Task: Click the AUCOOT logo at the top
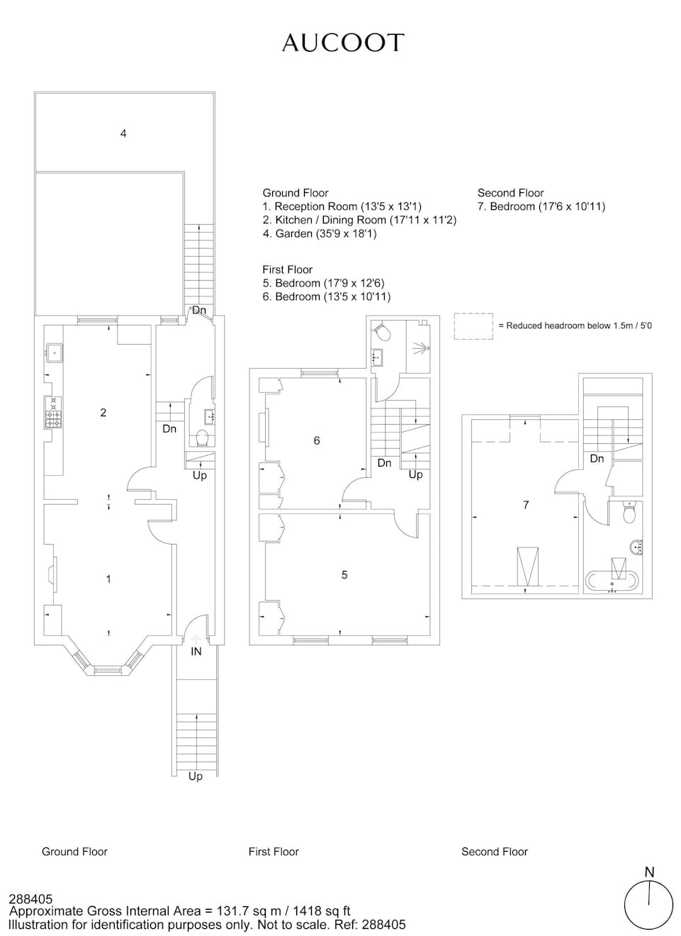point(343,43)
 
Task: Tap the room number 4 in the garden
point(123,133)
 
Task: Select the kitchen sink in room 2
point(55,352)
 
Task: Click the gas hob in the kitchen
point(53,412)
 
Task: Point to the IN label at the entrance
point(196,651)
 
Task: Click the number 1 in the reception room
point(108,579)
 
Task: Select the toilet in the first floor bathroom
point(382,331)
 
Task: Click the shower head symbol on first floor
point(420,347)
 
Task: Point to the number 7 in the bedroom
point(526,505)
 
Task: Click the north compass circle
point(648,906)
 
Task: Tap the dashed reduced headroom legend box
point(473,326)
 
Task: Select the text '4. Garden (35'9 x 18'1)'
point(320,233)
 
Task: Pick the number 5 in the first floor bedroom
point(344,575)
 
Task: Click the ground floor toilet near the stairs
point(202,438)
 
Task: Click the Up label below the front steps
point(195,776)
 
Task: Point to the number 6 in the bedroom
point(317,440)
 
